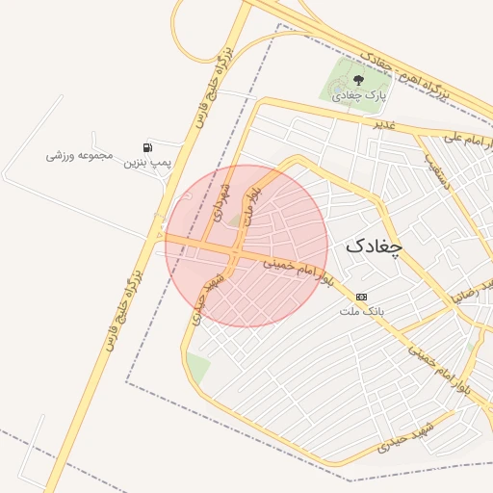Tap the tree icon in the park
[357, 80]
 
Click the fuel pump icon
[147, 147]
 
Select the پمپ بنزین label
[146, 163]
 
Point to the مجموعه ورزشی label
[81, 154]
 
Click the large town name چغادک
[374, 246]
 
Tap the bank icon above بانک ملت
[361, 297]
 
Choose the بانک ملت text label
[361, 311]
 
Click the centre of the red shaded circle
[246, 246]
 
